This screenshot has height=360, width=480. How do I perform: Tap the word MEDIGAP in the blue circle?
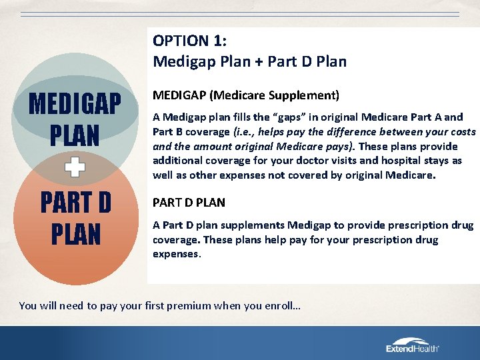[75, 105]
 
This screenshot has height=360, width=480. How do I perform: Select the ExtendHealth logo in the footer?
[413, 345]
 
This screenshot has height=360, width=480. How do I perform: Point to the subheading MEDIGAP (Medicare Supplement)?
[246, 95]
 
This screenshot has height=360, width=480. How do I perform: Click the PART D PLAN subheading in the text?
[189, 202]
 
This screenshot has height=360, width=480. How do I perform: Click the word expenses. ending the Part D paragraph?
[177, 253]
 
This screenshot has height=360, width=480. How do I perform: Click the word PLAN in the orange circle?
[75, 235]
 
